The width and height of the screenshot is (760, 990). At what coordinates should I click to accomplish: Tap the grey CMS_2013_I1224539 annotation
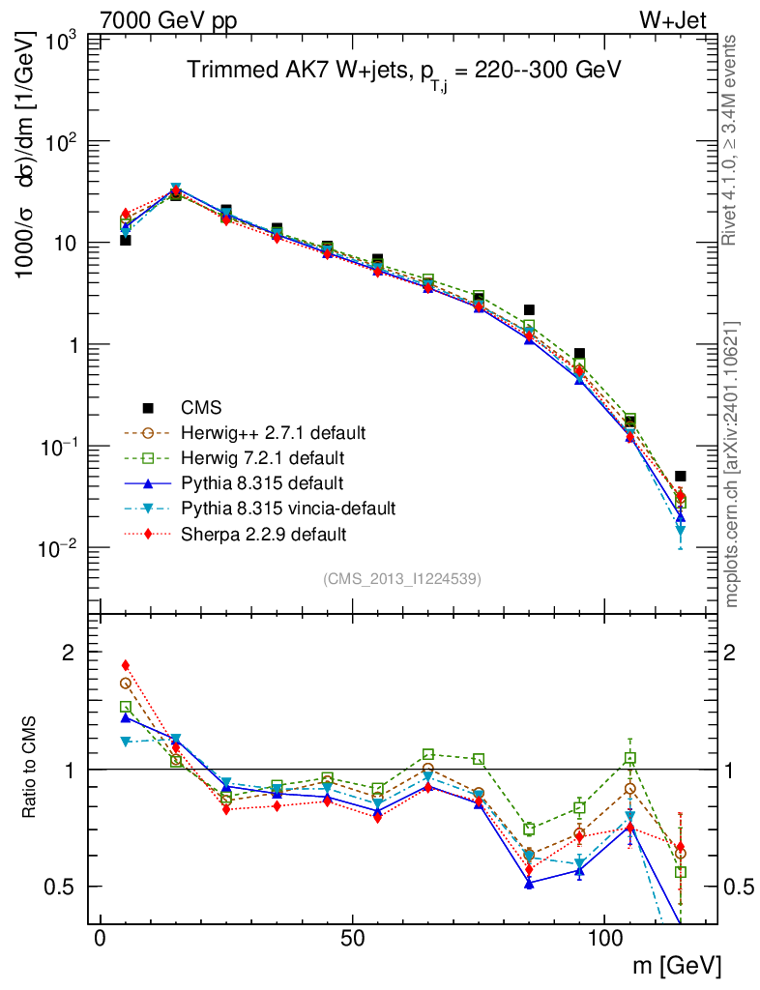tap(402, 578)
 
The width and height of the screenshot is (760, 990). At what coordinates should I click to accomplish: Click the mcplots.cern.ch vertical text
tap(734, 465)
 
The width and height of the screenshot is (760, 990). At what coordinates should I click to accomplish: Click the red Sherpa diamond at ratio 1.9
tap(125, 665)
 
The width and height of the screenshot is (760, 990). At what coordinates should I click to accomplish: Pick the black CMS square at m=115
tap(681, 476)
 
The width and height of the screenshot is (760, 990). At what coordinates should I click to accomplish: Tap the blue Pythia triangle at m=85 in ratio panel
tap(529, 884)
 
